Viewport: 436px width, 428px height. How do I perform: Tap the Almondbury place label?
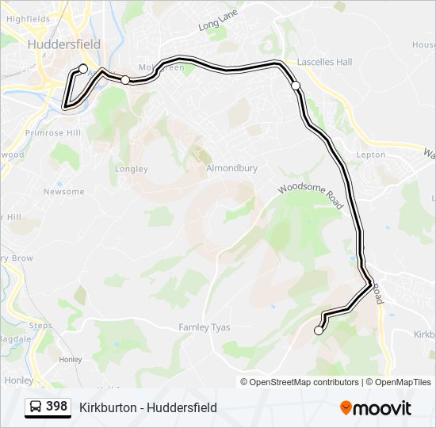point(231,169)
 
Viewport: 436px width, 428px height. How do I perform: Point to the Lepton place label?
point(370,155)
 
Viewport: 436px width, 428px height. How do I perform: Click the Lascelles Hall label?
point(324,62)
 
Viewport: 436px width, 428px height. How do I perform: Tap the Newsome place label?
point(63,192)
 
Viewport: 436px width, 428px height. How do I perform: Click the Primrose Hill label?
point(49,133)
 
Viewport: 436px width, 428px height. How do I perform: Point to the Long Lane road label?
point(213,26)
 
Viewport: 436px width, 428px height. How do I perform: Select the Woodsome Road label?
point(310,192)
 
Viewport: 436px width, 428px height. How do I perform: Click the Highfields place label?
point(28,17)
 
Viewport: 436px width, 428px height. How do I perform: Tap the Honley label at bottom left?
point(19,380)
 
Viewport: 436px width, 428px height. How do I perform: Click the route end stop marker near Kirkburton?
point(319,331)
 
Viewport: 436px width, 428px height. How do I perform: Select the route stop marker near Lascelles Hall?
point(296,85)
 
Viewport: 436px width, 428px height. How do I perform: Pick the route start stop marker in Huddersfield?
point(83,69)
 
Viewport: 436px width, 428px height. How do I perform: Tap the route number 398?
point(56,407)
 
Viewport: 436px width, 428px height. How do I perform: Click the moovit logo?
point(376,407)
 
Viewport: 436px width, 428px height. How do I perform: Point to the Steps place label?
point(40,326)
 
